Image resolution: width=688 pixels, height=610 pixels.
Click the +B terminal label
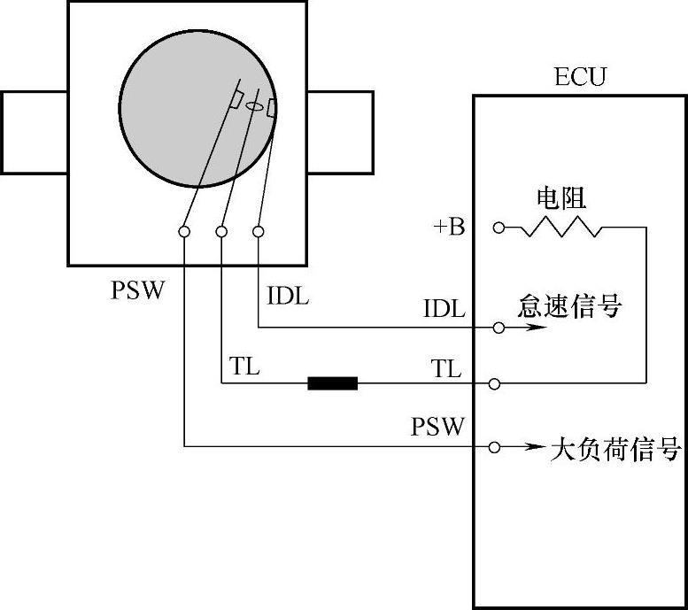coord(449,228)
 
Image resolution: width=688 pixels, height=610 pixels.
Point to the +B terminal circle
coord(499,228)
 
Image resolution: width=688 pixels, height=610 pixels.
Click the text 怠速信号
coord(570,307)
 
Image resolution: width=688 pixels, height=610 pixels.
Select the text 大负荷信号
coord(616,449)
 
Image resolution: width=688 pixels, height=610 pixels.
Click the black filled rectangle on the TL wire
coord(332,383)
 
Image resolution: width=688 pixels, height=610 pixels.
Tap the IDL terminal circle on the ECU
coord(499,328)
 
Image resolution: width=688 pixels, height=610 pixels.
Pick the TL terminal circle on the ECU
coord(495,384)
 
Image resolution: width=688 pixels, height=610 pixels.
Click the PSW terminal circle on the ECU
coord(495,447)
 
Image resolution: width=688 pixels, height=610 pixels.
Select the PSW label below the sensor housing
coord(138,290)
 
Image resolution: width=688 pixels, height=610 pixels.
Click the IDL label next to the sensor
coord(288,296)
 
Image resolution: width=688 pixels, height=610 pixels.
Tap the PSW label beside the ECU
coord(437,427)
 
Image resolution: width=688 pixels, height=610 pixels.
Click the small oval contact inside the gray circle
coord(254,107)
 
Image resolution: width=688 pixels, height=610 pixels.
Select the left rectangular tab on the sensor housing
coord(35,131)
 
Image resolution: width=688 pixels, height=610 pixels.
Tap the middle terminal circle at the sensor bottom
coord(221,232)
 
